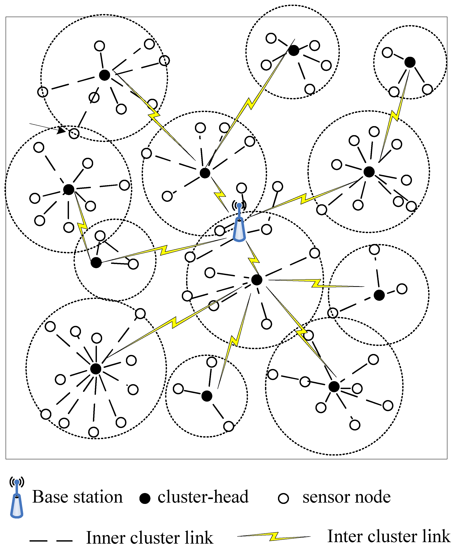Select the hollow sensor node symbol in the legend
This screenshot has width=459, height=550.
283,498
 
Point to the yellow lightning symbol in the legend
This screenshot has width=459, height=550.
274,536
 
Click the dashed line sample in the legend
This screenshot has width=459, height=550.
51,540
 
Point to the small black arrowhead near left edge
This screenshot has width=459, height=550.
61,130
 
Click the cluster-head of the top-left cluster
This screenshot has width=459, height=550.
105,75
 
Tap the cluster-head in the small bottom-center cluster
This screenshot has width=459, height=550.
207,396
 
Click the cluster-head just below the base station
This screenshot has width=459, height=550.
257,280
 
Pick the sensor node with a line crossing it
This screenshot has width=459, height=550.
94,97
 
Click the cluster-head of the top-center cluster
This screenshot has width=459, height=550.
294,50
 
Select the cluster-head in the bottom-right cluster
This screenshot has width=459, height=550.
334,387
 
